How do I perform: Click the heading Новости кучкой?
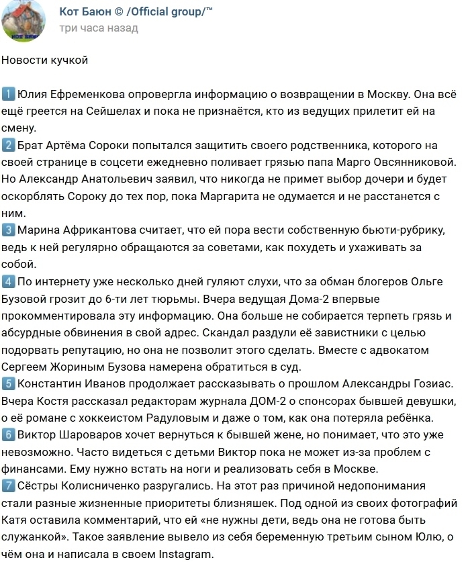pyautogui.click(x=44, y=60)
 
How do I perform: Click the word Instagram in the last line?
pyautogui.click(x=182, y=555)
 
